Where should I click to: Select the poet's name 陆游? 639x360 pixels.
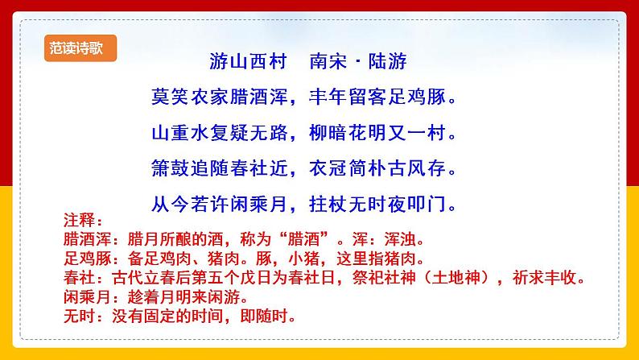(x=388, y=61)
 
